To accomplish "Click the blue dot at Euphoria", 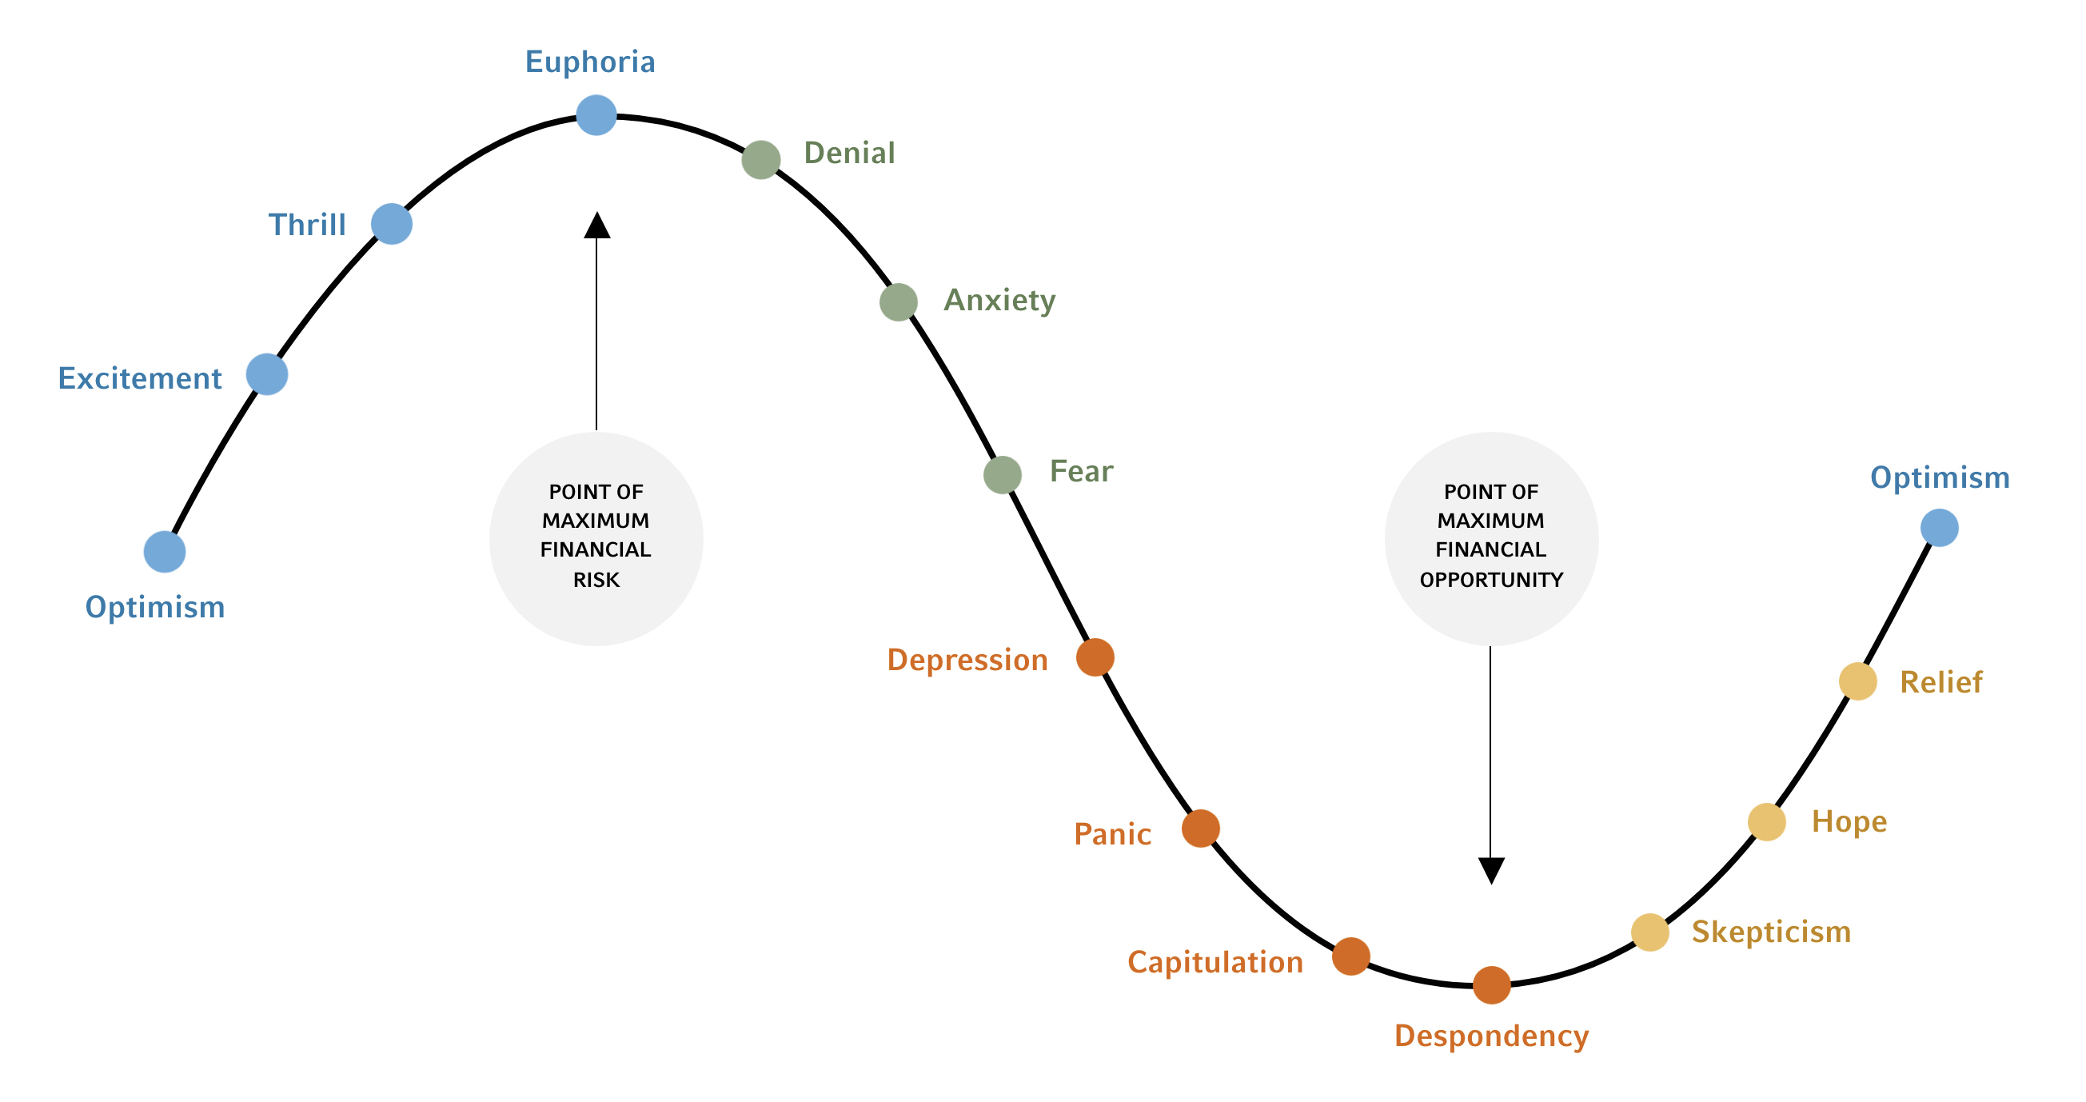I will [596, 115].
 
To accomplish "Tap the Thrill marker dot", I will [392, 223].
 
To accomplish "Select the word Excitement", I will [139, 378].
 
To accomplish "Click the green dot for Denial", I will [761, 159].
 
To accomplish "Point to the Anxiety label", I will [999, 301].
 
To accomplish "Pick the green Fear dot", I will [1003, 474].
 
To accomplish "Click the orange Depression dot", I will [1095, 657].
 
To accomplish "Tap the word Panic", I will [1112, 834].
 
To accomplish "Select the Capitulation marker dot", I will [1350, 956].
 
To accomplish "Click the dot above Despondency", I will [1492, 984].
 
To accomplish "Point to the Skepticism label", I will [1771, 932].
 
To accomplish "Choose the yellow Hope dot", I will [1767, 822].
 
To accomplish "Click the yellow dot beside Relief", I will [1857, 681].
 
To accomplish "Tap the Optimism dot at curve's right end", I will [1940, 528].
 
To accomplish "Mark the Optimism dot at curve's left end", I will [165, 552].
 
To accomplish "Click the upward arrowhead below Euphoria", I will [596, 226].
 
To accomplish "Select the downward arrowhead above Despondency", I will [1491, 870].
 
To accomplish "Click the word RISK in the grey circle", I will [596, 580].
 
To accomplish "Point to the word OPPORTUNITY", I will [1491, 580].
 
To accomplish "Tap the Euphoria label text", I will [589, 62].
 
